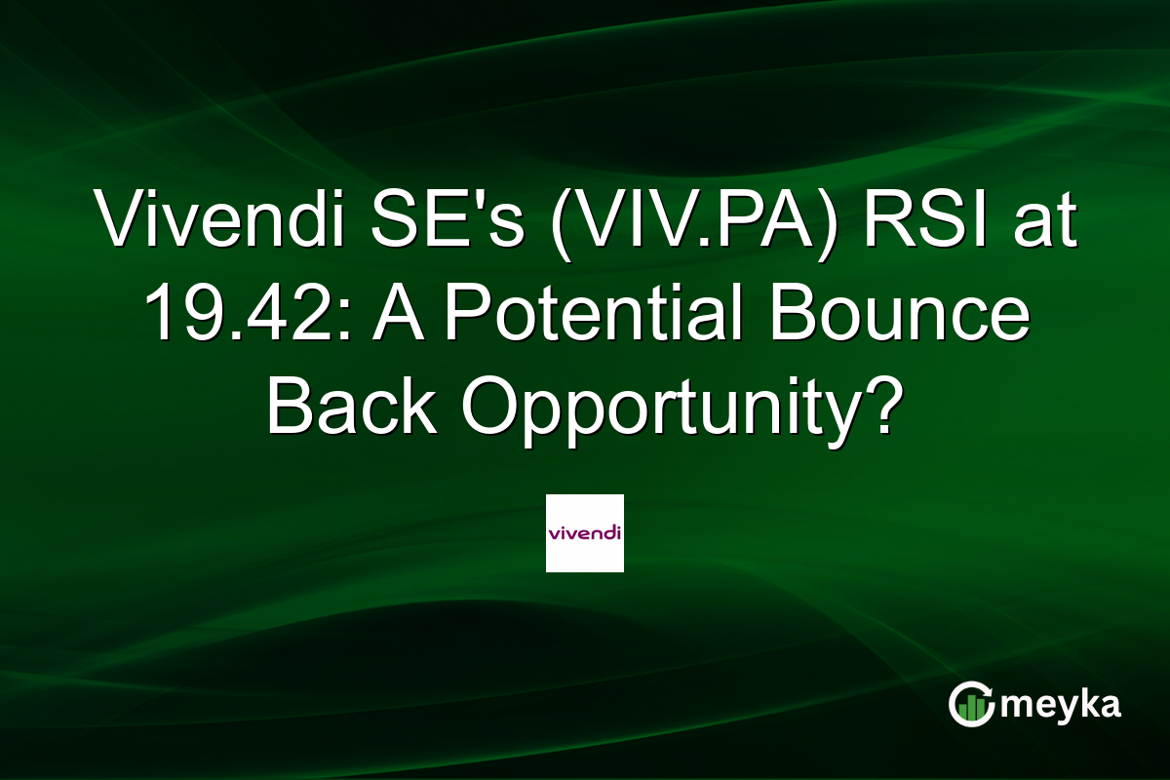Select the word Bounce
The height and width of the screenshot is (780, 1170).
900,317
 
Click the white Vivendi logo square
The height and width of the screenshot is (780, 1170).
584,533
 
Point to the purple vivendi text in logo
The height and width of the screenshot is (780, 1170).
584,533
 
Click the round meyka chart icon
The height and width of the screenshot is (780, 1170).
971,705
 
